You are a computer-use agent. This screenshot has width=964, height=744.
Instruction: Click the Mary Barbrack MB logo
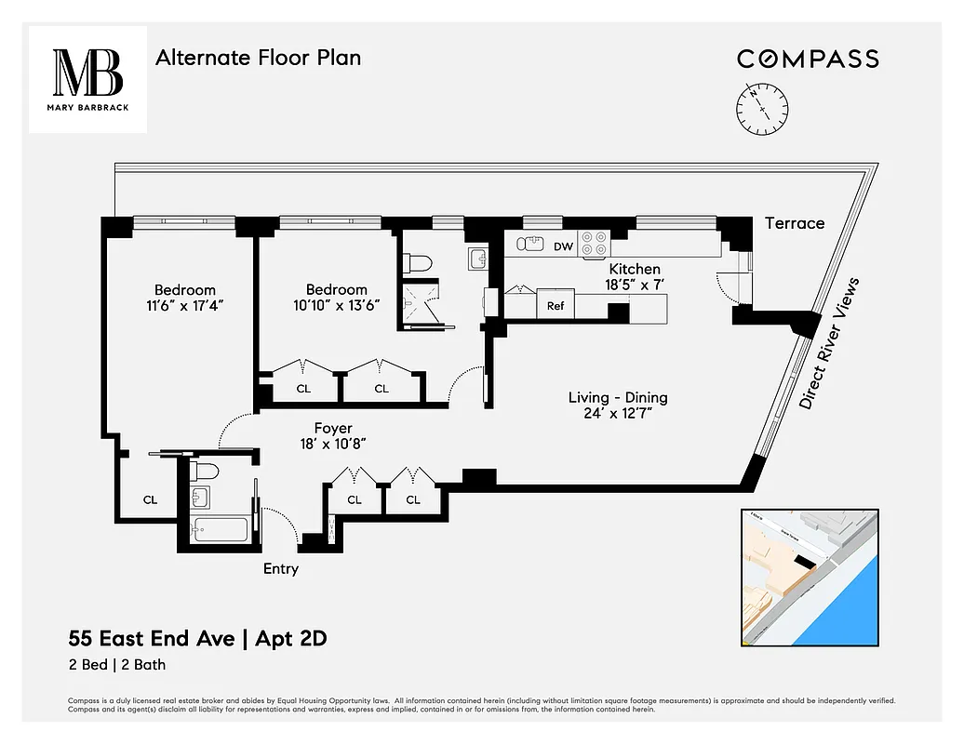pos(87,79)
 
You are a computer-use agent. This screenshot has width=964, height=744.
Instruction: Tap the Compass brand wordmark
pos(808,59)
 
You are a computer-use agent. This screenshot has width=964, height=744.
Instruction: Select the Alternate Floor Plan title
pos(258,58)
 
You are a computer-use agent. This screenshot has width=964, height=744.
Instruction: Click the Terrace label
pos(794,223)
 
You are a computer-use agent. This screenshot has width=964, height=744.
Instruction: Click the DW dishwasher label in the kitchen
pos(563,246)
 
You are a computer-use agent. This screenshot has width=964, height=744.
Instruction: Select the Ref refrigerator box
pos(556,305)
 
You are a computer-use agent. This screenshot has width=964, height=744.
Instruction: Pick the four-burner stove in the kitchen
pos(595,244)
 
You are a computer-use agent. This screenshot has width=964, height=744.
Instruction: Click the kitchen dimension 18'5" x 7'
pos(635,285)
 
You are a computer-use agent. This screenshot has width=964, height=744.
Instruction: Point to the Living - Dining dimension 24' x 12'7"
pos(618,414)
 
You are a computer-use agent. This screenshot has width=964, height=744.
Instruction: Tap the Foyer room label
pos(332,429)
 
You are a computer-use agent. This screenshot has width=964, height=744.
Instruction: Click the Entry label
pos(280,568)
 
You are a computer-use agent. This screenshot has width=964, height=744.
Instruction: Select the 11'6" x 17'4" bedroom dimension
pos(184,305)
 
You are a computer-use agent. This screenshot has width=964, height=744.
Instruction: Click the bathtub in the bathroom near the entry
pos(220,530)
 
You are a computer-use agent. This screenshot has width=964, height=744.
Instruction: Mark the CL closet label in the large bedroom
pos(150,499)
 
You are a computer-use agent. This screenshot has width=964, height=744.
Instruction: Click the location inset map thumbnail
pos(810,577)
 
